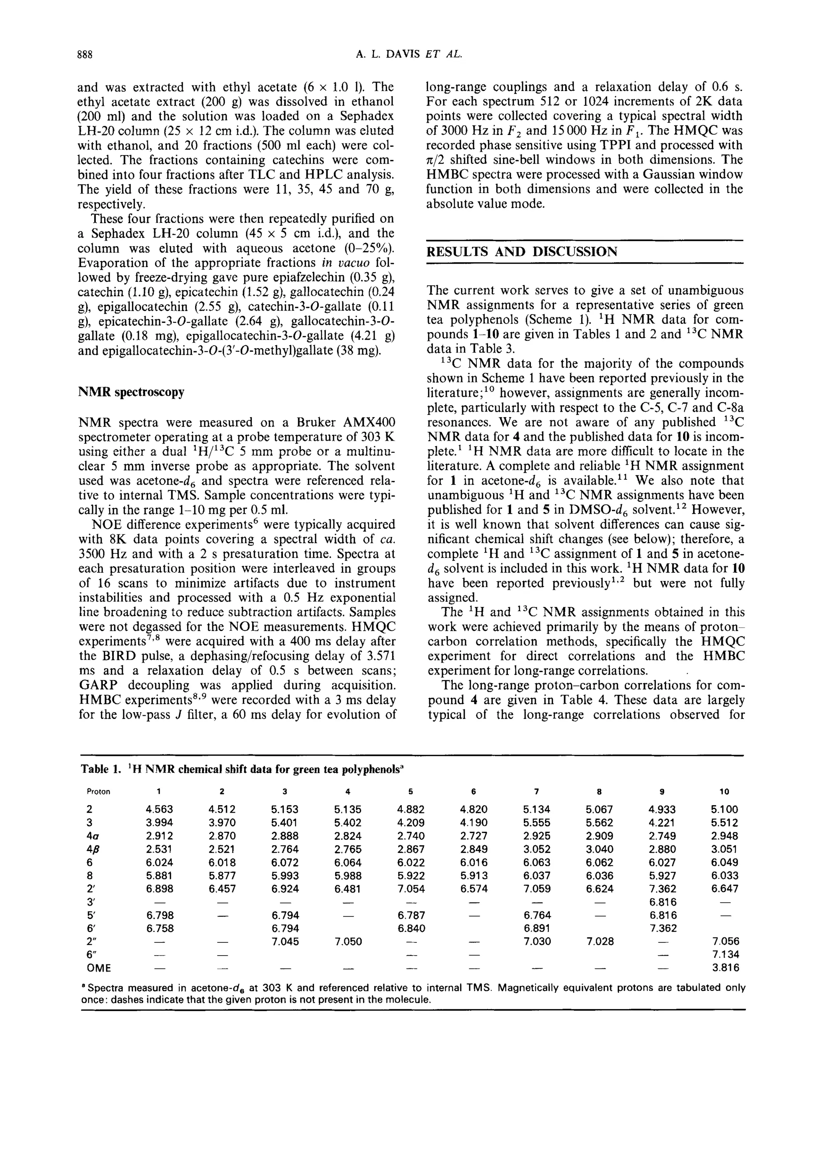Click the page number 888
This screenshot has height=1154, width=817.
pyautogui.click(x=85, y=55)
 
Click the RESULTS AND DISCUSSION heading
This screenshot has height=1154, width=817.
pyautogui.click(x=521, y=251)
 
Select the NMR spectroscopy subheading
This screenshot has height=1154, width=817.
pyautogui.click(x=131, y=392)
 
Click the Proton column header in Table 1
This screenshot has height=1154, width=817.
pyautogui.click(x=98, y=792)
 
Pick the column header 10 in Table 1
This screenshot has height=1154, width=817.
pyautogui.click(x=724, y=792)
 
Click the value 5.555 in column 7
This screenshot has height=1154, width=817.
pyautogui.click(x=536, y=823)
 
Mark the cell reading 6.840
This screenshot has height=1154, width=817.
pyautogui.click(x=410, y=928)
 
